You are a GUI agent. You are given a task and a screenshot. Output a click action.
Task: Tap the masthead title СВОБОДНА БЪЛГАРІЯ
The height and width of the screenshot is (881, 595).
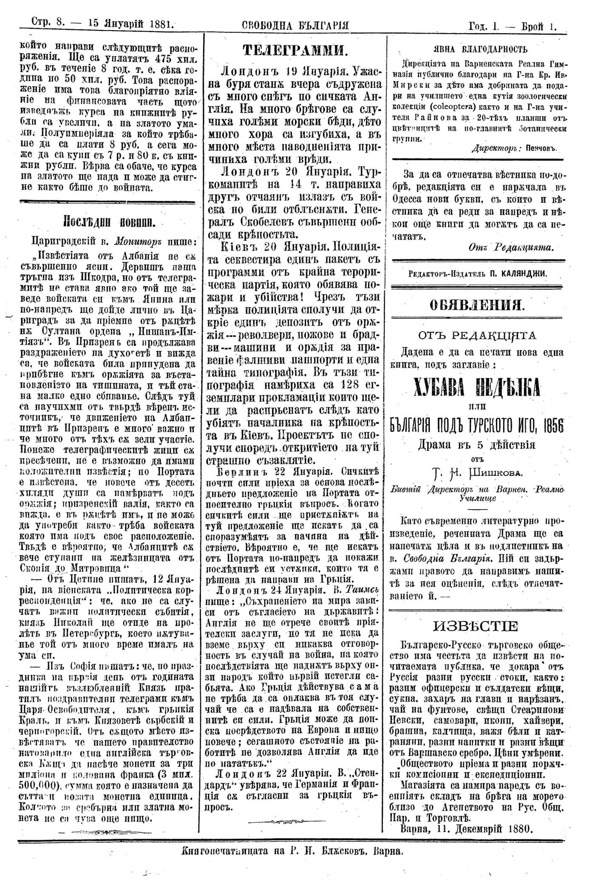(295, 25)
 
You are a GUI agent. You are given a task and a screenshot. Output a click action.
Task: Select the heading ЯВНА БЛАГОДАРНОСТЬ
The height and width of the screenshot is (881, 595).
(479, 49)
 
